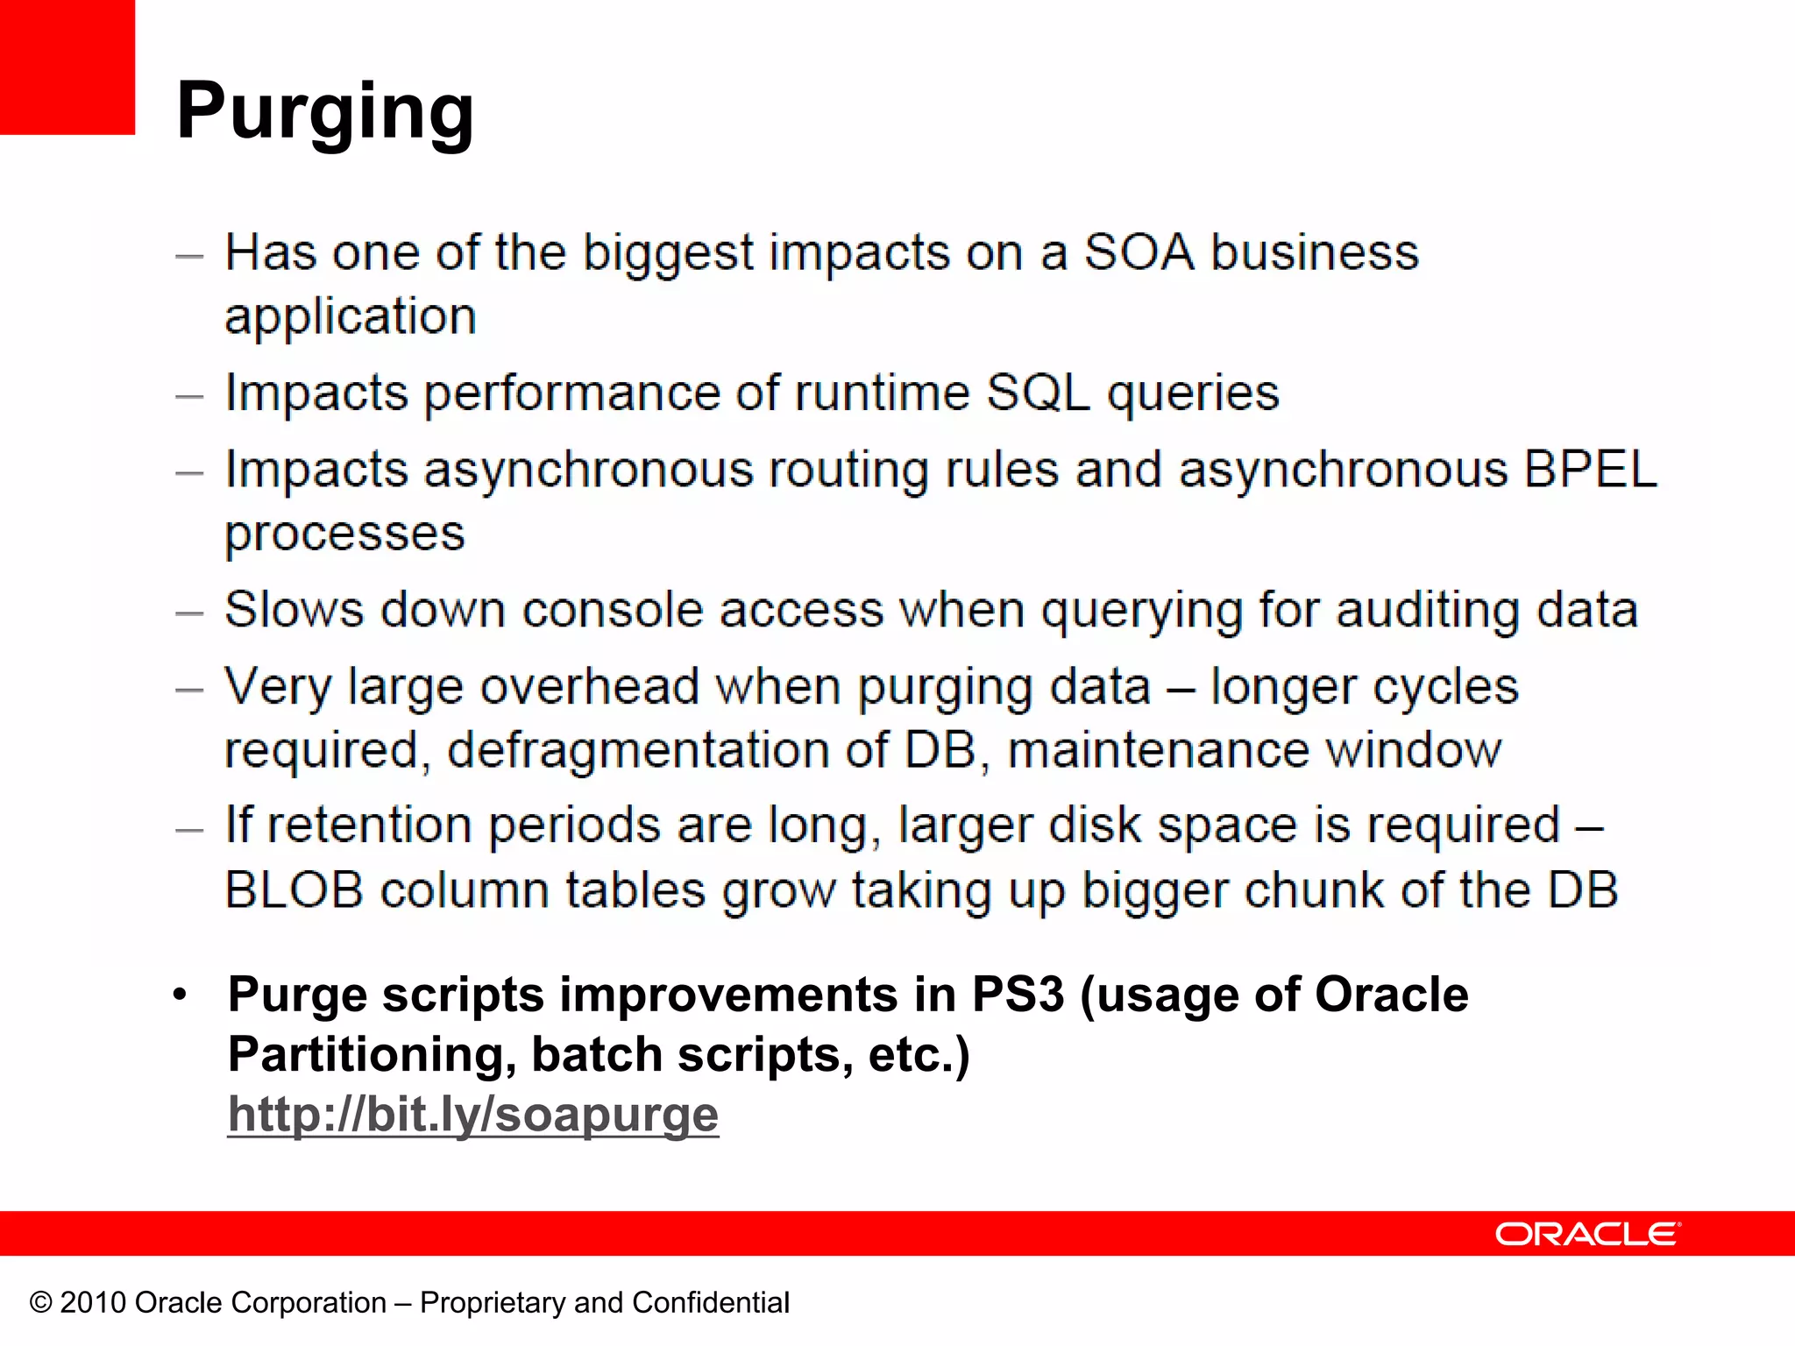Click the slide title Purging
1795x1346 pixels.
[x=325, y=111]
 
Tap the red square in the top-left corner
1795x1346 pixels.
[x=67, y=67]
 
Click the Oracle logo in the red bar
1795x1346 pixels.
[x=1587, y=1234]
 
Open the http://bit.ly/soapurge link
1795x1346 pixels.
[x=473, y=1115]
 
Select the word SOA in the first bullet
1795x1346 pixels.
[x=1139, y=253]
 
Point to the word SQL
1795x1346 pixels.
[x=1038, y=393]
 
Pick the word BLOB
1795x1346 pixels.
[x=294, y=890]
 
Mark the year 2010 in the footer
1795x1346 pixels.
[x=93, y=1303]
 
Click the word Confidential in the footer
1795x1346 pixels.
[x=710, y=1303]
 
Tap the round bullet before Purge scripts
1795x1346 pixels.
[x=180, y=995]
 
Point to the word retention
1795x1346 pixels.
[x=369, y=825]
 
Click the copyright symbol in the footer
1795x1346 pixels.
[x=40, y=1303]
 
